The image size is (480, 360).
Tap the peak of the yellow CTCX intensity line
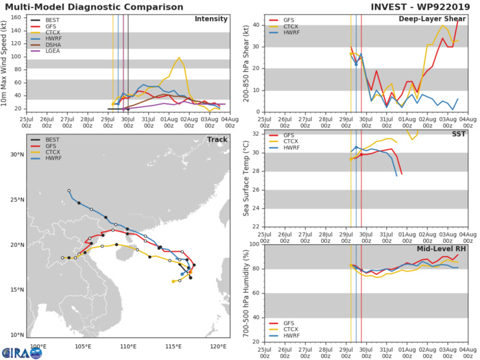(x=179, y=58)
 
